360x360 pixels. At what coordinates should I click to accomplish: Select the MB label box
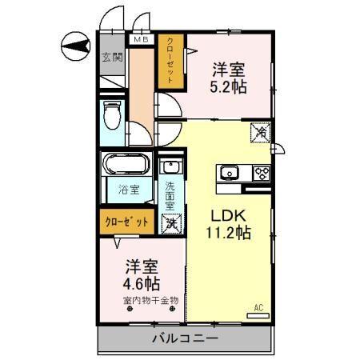(x=141, y=39)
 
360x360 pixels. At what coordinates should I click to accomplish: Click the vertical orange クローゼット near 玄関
(x=170, y=60)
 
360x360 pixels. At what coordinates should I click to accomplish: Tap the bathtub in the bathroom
(x=126, y=167)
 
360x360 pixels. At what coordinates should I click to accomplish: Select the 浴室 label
(x=126, y=191)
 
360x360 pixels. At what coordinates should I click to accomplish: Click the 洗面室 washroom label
(x=170, y=197)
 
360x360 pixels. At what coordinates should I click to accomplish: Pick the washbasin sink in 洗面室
(x=170, y=168)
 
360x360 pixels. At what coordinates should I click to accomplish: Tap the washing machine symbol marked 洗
(x=170, y=224)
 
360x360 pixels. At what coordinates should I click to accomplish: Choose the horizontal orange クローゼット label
(x=126, y=222)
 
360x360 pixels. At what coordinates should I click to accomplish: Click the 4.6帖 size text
(x=141, y=283)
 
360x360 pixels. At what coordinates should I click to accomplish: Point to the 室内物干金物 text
(x=150, y=301)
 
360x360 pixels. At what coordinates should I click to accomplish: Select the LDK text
(x=229, y=214)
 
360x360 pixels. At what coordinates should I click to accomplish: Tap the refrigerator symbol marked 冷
(x=260, y=133)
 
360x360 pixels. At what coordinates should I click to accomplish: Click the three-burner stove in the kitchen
(x=260, y=172)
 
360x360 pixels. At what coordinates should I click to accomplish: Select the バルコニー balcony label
(x=185, y=339)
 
